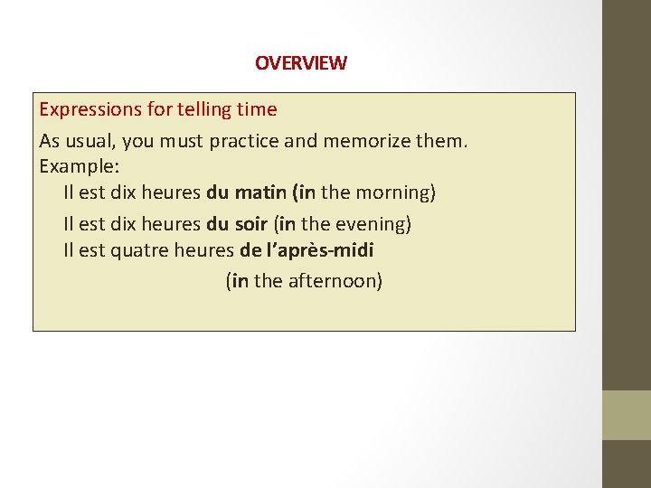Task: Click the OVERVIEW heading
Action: [300, 63]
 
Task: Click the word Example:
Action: [80, 167]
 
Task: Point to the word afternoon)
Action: [335, 281]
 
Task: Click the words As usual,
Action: [74, 141]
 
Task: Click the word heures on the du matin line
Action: [172, 192]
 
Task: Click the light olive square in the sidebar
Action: [627, 415]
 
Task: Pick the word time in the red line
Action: [256, 110]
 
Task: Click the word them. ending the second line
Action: [441, 141]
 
